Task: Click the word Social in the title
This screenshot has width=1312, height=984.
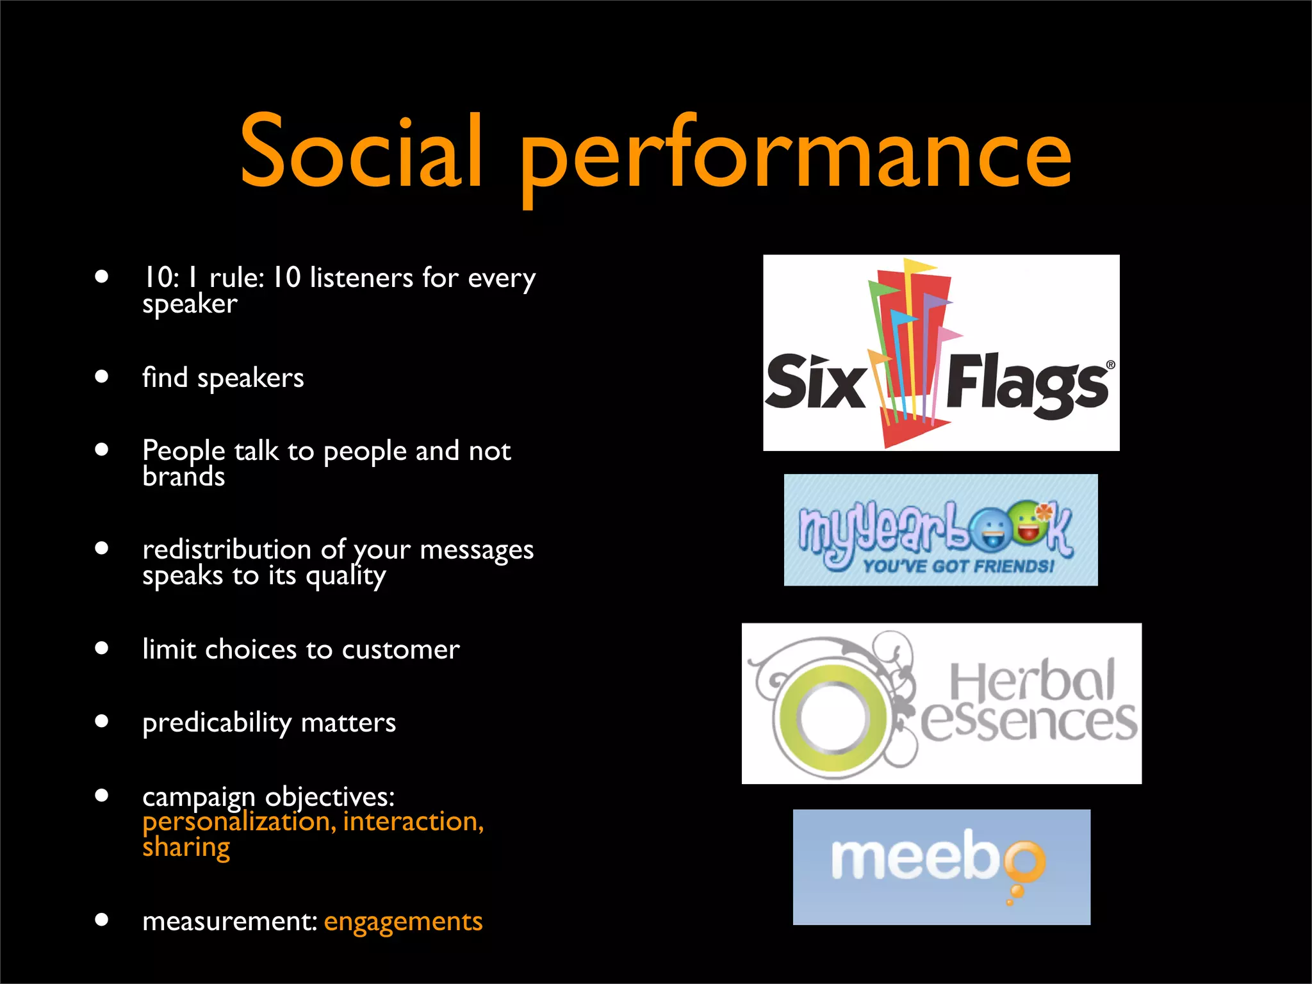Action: pos(361,152)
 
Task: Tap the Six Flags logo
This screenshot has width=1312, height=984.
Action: pos(940,353)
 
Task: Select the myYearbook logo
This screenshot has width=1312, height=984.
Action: pos(940,530)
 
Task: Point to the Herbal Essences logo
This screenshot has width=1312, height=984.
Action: pos(941,703)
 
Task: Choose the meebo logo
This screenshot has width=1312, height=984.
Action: pos(941,867)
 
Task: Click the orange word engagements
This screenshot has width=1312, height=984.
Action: pos(403,921)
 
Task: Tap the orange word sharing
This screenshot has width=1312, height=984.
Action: pos(186,848)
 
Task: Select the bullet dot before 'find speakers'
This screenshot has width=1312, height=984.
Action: pos(101,376)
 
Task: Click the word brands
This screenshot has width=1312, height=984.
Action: pos(183,477)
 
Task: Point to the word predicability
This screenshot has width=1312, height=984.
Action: pos(217,723)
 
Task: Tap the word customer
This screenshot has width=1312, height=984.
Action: pos(400,650)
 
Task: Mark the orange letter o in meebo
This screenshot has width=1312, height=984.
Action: pos(1024,860)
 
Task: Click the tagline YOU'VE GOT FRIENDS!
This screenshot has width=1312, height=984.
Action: pos(958,566)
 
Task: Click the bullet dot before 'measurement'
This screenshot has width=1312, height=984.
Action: pos(101,920)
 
